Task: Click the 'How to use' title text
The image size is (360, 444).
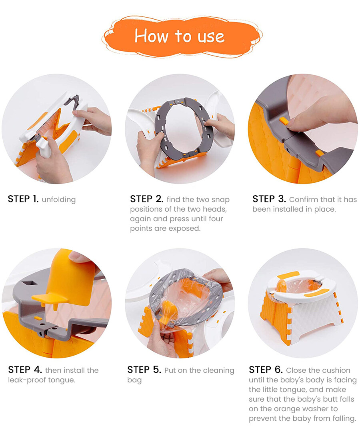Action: pos(180,36)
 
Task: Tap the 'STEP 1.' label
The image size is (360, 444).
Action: pos(23,199)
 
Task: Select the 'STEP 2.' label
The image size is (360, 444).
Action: pos(147,199)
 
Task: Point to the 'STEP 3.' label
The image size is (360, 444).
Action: pos(269,199)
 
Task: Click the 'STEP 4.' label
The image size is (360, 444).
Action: pos(25,370)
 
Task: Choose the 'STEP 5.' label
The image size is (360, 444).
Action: pos(144,370)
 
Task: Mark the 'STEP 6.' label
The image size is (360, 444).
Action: pos(266,370)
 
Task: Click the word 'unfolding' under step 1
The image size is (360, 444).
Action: pos(59,200)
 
